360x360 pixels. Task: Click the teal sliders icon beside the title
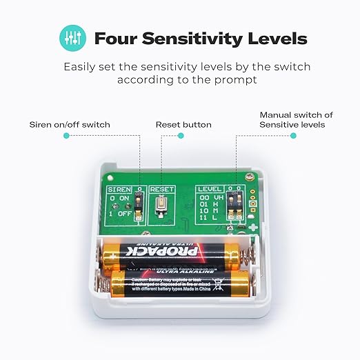[x=69, y=38]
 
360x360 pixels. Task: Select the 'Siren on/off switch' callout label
[x=70, y=125]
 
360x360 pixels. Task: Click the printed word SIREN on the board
[x=119, y=188]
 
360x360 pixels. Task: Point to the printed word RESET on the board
[x=163, y=188]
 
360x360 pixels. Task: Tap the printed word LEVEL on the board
[x=208, y=188]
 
